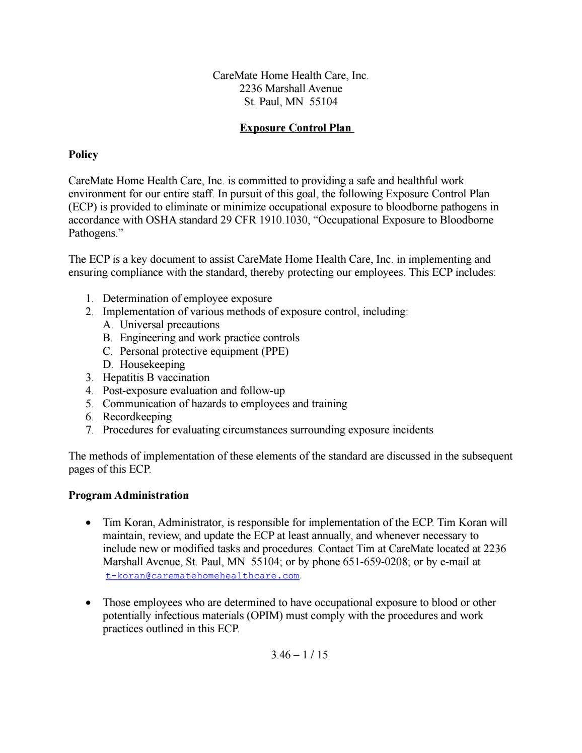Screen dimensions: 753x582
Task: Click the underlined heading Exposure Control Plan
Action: tap(296, 128)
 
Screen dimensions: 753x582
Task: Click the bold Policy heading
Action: tap(83, 155)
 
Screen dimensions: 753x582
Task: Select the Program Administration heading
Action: tap(128, 495)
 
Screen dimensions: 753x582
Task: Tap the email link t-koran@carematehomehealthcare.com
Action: tap(202, 575)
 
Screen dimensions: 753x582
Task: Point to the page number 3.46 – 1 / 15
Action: tap(299, 655)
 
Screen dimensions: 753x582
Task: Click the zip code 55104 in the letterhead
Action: tap(323, 102)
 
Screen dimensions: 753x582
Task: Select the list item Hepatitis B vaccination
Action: tap(156, 378)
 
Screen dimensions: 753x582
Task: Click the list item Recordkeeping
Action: tap(137, 417)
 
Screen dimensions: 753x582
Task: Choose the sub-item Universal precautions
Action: tap(170, 325)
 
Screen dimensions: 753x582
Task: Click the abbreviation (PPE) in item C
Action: tap(275, 351)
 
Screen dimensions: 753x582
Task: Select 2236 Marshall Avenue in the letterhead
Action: tap(291, 89)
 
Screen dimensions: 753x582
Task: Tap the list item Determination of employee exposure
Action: tap(187, 298)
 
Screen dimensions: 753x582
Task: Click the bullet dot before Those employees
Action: tap(89, 603)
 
